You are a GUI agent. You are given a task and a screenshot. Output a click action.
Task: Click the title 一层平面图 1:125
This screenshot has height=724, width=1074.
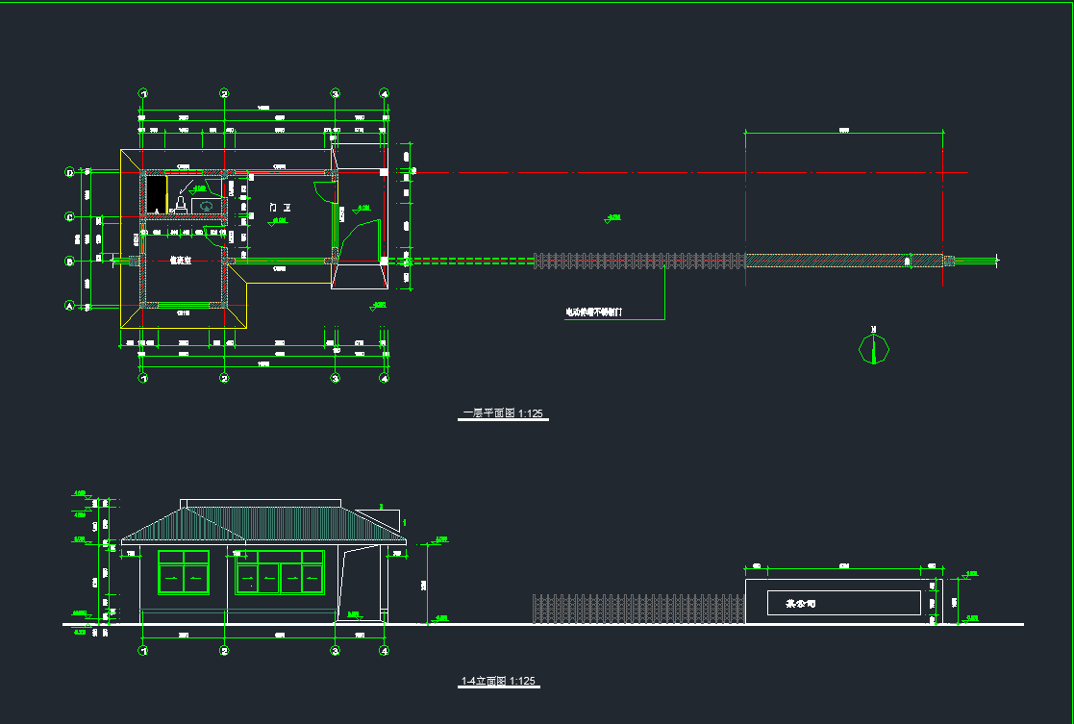point(504,413)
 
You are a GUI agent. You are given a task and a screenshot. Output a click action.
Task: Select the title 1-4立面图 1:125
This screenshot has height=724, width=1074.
point(498,681)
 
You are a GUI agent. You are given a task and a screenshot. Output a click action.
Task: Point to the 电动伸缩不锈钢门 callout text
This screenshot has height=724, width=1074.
point(594,312)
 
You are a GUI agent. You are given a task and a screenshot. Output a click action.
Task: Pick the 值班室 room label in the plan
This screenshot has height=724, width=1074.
point(181,260)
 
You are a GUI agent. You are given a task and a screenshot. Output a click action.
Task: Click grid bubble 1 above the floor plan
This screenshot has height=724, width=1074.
point(143,94)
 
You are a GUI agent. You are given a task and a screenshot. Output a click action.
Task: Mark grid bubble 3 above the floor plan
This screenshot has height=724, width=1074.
point(336,94)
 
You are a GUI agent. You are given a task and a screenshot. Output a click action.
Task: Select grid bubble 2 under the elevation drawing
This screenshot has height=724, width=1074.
point(224,651)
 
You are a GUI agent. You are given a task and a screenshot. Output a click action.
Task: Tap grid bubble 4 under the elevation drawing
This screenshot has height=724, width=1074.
point(384,651)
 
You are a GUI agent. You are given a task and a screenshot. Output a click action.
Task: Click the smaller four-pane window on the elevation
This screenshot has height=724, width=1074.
point(183,572)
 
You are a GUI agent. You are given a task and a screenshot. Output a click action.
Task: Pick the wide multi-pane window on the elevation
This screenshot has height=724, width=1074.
point(280,572)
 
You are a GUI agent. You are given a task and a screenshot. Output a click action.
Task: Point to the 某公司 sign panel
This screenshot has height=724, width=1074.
point(843,604)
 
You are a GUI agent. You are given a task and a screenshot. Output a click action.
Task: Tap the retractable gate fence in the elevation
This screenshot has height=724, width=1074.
point(638,609)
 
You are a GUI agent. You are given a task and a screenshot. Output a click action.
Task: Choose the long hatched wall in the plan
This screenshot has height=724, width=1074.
point(843,260)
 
